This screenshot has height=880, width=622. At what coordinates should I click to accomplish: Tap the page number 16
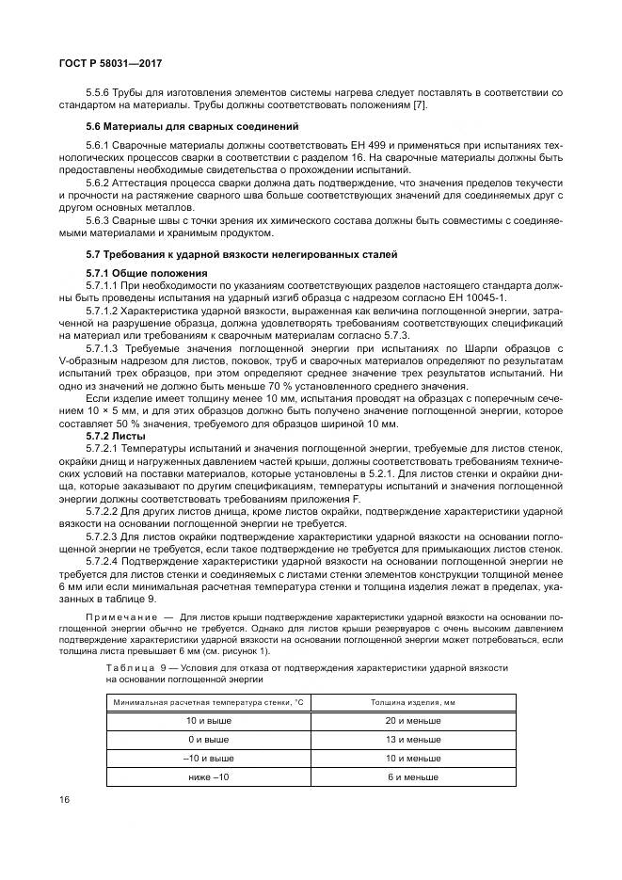[65, 799]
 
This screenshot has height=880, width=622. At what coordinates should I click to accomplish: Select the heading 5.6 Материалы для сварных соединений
[192, 126]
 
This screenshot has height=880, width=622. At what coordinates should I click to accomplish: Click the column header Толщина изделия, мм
[413, 702]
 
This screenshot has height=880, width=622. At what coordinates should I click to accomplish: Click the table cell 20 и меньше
[413, 721]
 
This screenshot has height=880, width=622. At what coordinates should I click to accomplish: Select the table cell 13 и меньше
[413, 740]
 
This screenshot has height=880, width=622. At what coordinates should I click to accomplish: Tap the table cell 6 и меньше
[413, 776]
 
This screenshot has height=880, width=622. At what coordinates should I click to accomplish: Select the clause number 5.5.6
[99, 92]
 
